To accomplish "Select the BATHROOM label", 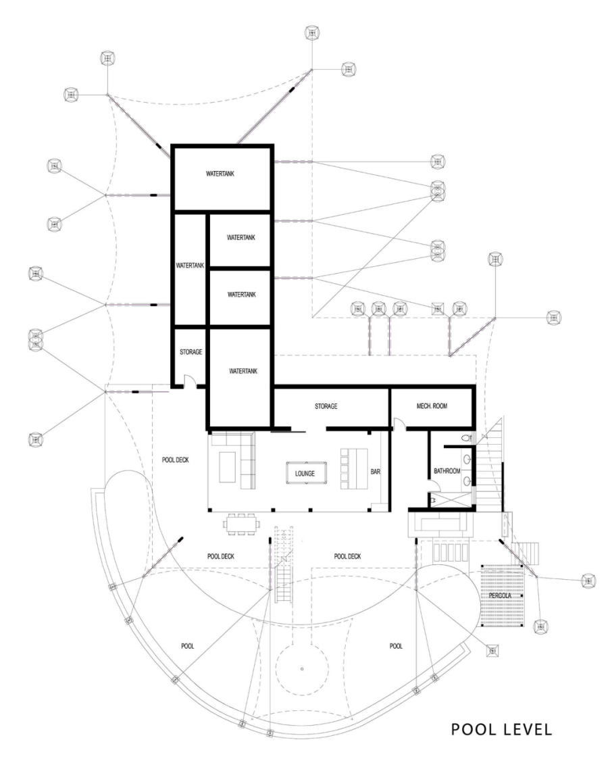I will [447, 470].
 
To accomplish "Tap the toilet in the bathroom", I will [465, 439].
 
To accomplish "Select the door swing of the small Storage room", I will [190, 381].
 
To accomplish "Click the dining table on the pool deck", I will [242, 523].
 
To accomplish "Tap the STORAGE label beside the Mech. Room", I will [326, 406].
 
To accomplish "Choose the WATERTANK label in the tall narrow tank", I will [190, 266].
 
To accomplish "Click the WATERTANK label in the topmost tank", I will [220, 174].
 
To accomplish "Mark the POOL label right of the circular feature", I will [396, 646].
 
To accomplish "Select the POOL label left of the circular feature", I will [188, 646].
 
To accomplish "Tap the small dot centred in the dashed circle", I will [302, 668].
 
